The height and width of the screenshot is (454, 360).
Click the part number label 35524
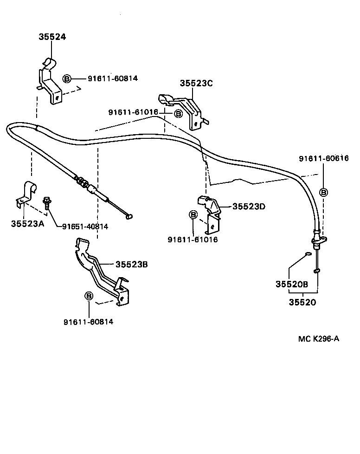(52, 37)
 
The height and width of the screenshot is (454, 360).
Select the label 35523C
(196, 83)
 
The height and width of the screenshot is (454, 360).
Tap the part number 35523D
(249, 207)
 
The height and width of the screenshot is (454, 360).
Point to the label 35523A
(27, 224)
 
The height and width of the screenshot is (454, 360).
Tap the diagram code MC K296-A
(318, 338)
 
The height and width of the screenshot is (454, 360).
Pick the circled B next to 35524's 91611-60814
(67, 78)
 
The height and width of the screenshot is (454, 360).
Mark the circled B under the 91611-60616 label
(324, 192)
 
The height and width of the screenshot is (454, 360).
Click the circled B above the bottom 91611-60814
(88, 296)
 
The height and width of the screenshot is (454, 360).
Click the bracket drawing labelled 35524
(49, 81)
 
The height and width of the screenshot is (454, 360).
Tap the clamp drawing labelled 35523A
(26, 193)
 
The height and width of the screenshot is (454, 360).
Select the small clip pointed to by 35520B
(308, 254)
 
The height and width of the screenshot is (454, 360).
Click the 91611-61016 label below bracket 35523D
(193, 240)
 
